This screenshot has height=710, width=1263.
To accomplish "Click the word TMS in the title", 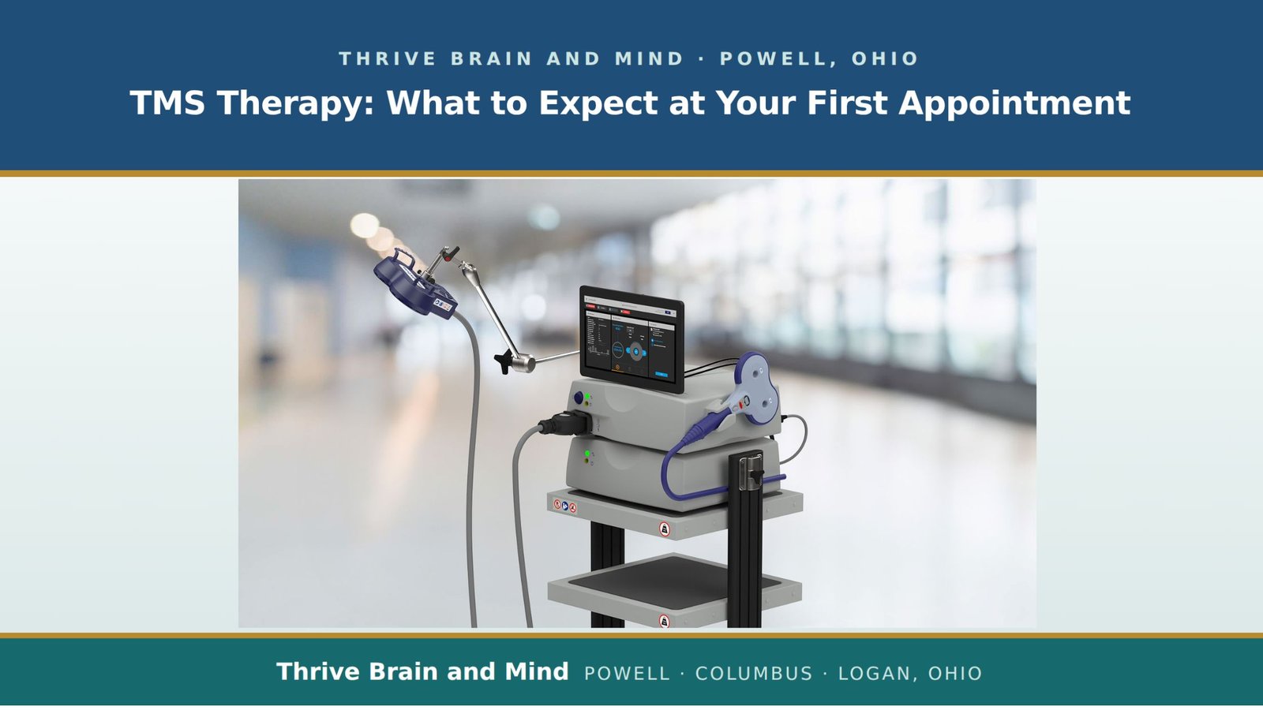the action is pos(167,103).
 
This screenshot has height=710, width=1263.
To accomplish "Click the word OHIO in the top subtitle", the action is pos(885,58).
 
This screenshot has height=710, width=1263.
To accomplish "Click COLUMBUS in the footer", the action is pos(754,674).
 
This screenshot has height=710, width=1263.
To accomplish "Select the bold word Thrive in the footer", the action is pos(318,671).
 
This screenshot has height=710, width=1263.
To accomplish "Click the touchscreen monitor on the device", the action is pos(631,339).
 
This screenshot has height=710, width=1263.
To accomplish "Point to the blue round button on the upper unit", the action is pos(579,398).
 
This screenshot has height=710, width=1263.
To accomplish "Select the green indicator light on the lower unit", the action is pos(587,453).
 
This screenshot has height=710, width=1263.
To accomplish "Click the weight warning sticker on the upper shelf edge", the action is pos(664,529).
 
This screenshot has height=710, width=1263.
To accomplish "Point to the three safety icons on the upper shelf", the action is pos(565,506).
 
